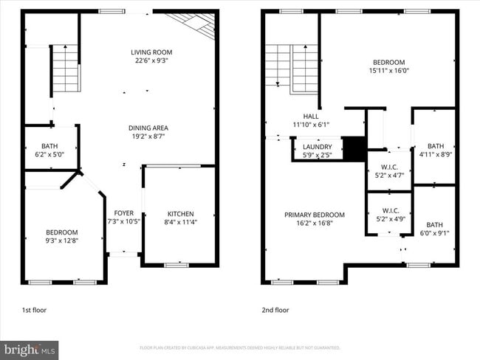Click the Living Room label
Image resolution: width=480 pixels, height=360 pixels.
(x=151, y=52)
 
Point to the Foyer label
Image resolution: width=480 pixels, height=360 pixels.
(x=123, y=212)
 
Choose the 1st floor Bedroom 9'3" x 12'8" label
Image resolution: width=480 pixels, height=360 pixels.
(x=62, y=232)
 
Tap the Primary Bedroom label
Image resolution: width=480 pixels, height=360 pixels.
(x=315, y=215)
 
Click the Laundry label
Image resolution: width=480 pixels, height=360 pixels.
(x=318, y=147)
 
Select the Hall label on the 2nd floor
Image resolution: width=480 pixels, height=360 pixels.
(x=311, y=116)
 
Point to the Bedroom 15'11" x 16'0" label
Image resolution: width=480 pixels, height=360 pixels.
(x=388, y=62)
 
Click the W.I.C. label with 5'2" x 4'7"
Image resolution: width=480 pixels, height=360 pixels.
(x=389, y=167)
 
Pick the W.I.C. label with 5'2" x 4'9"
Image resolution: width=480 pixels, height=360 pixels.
(x=389, y=210)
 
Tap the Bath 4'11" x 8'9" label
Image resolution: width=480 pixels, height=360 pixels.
(x=435, y=146)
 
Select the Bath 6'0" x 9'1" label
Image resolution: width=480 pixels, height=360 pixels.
(x=434, y=225)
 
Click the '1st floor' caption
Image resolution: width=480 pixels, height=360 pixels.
(x=34, y=311)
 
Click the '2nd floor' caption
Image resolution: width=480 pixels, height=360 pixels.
(x=275, y=311)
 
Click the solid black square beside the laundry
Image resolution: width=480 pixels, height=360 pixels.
(x=356, y=148)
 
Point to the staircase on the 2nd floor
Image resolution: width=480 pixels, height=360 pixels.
(x=291, y=68)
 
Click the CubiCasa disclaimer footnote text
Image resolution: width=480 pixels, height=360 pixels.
(x=240, y=347)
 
